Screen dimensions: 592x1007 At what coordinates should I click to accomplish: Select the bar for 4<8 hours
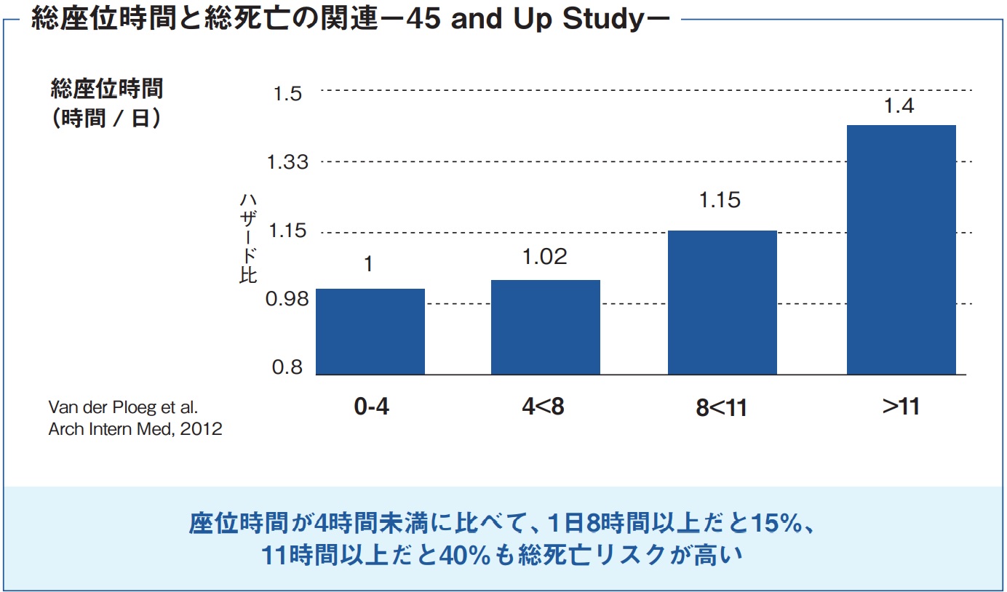point(546,327)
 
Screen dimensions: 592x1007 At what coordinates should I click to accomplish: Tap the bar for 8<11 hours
point(722,302)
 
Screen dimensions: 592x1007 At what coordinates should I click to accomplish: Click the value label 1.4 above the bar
point(899,106)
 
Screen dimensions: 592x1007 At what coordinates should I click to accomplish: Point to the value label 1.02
point(545,257)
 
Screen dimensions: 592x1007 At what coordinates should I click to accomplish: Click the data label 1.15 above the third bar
point(720,201)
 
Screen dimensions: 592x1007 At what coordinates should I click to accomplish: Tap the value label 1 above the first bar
point(369,263)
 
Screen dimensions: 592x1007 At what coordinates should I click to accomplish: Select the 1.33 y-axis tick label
point(288,162)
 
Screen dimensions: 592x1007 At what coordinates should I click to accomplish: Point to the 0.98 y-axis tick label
point(288,299)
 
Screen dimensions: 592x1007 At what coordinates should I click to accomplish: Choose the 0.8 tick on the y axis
point(287,367)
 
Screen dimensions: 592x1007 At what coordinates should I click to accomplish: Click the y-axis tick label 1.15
point(288,232)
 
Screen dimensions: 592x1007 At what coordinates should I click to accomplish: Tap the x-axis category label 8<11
point(721,407)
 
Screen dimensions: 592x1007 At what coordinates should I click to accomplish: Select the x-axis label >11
point(901,406)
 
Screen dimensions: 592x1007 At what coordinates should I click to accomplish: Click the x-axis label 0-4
point(371,406)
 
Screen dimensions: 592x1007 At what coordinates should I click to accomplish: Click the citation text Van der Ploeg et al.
point(123,407)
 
